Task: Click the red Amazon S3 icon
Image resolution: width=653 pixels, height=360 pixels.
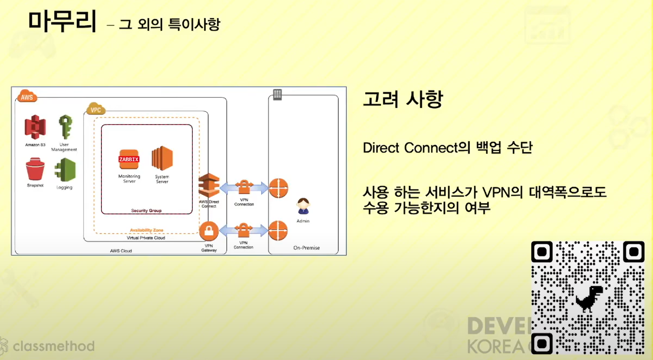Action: (x=35, y=127)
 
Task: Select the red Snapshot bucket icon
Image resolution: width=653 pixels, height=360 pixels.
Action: (x=35, y=169)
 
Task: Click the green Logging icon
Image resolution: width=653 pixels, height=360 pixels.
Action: (x=65, y=170)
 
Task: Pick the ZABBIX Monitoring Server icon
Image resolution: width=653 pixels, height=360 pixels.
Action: (x=129, y=159)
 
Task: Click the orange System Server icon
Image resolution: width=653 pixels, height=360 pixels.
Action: (x=162, y=158)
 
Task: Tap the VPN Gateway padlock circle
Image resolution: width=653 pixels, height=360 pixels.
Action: (x=209, y=231)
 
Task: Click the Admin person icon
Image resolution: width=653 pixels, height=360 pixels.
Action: (x=303, y=206)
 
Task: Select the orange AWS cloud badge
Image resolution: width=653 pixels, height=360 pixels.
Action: (x=27, y=96)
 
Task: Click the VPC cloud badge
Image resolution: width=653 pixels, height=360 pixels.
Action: (x=96, y=109)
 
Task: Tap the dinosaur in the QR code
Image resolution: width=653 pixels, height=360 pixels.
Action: (x=589, y=299)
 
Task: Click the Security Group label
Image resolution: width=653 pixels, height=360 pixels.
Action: (x=146, y=211)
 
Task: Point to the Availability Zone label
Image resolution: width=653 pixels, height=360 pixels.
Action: (x=146, y=230)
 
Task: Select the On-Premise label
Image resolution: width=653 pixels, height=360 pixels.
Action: (x=306, y=248)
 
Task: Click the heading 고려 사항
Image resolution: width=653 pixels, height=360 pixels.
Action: (x=403, y=99)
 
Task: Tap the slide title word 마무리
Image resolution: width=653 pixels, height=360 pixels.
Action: (x=62, y=21)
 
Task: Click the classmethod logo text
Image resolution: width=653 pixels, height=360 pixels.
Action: (x=53, y=346)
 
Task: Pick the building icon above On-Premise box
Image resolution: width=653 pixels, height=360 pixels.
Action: (x=277, y=94)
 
